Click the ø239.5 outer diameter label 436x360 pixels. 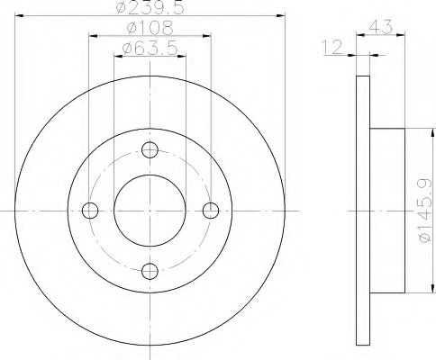tap(150, 7)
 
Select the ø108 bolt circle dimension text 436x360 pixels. tap(150, 28)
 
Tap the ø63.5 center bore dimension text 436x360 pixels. tap(150, 48)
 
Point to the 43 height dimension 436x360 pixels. tap(380, 27)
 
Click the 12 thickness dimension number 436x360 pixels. tap(332, 47)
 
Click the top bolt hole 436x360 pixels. tap(150, 150)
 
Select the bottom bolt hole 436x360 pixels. tap(150, 272)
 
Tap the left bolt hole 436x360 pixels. tap(90, 211)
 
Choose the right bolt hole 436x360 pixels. tap(211, 211)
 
